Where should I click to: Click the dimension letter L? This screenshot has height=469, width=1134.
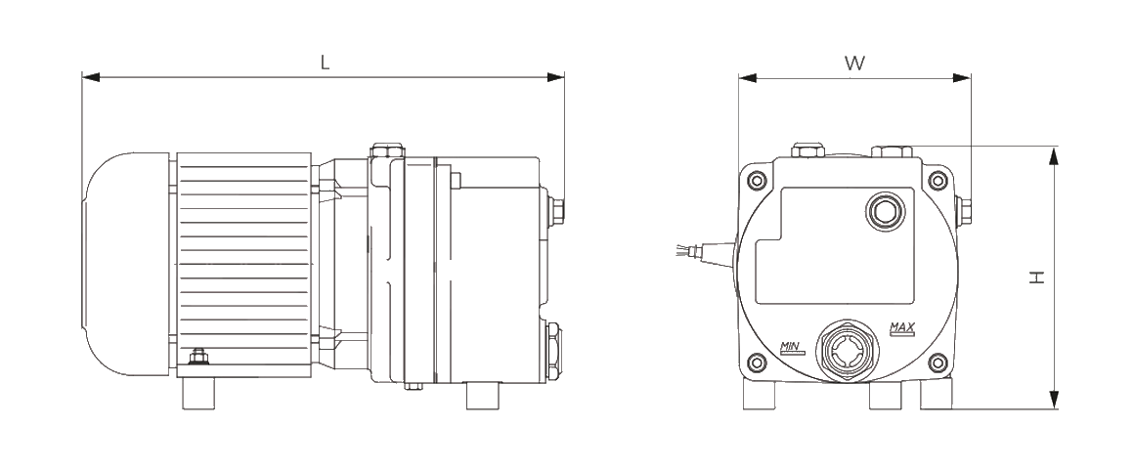click(326, 63)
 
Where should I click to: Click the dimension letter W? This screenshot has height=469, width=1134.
click(854, 63)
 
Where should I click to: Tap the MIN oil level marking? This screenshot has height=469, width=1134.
click(790, 347)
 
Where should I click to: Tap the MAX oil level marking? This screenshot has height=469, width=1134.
click(902, 329)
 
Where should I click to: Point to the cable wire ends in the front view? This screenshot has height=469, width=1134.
click(682, 250)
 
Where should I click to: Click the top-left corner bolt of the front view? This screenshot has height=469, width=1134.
click(756, 179)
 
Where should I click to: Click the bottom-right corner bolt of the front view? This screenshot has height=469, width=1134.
click(938, 362)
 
